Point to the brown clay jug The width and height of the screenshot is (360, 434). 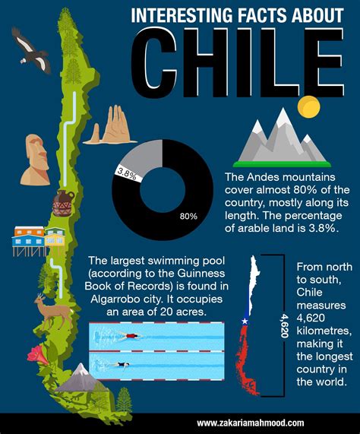[62, 203]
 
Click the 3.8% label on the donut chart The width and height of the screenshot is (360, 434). [126, 174]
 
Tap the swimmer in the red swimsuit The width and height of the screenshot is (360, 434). [132, 335]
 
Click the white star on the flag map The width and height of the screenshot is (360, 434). [245, 322]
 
